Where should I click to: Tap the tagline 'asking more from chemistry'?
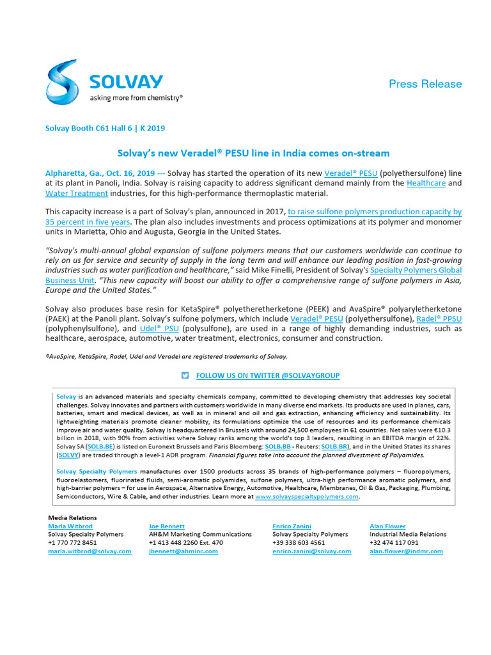pos(136,98)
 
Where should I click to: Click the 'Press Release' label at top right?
pos(425,84)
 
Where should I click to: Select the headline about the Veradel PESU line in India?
pos(253,154)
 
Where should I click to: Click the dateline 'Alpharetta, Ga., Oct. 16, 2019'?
pos(100,173)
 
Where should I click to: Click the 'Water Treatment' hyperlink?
pos(76,193)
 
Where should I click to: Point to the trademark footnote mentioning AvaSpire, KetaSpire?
pos(166,356)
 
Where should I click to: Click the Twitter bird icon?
pos(185,375)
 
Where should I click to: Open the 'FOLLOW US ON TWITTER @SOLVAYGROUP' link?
pos(267,375)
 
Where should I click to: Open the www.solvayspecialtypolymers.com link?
pos(306,496)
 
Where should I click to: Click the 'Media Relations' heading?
pos(72,517)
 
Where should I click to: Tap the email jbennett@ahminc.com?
pos(183,551)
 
